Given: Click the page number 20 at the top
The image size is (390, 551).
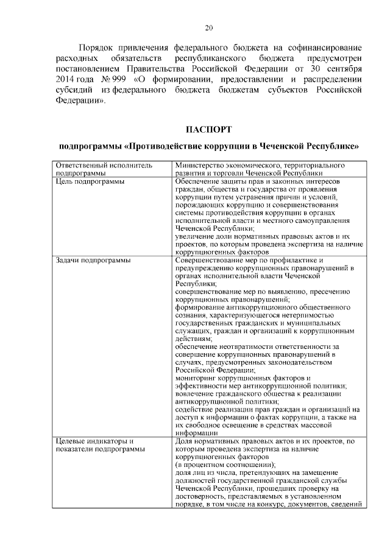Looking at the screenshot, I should (x=208, y=27).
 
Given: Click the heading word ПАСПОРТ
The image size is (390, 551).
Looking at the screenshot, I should (x=208, y=128).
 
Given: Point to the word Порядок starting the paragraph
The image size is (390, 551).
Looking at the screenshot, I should (x=97, y=46).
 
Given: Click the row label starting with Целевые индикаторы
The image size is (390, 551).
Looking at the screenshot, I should (x=94, y=440).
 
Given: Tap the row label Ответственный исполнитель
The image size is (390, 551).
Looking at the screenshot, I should (x=104, y=165).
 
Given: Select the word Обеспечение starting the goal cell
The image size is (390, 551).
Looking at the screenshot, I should (x=199, y=181).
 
